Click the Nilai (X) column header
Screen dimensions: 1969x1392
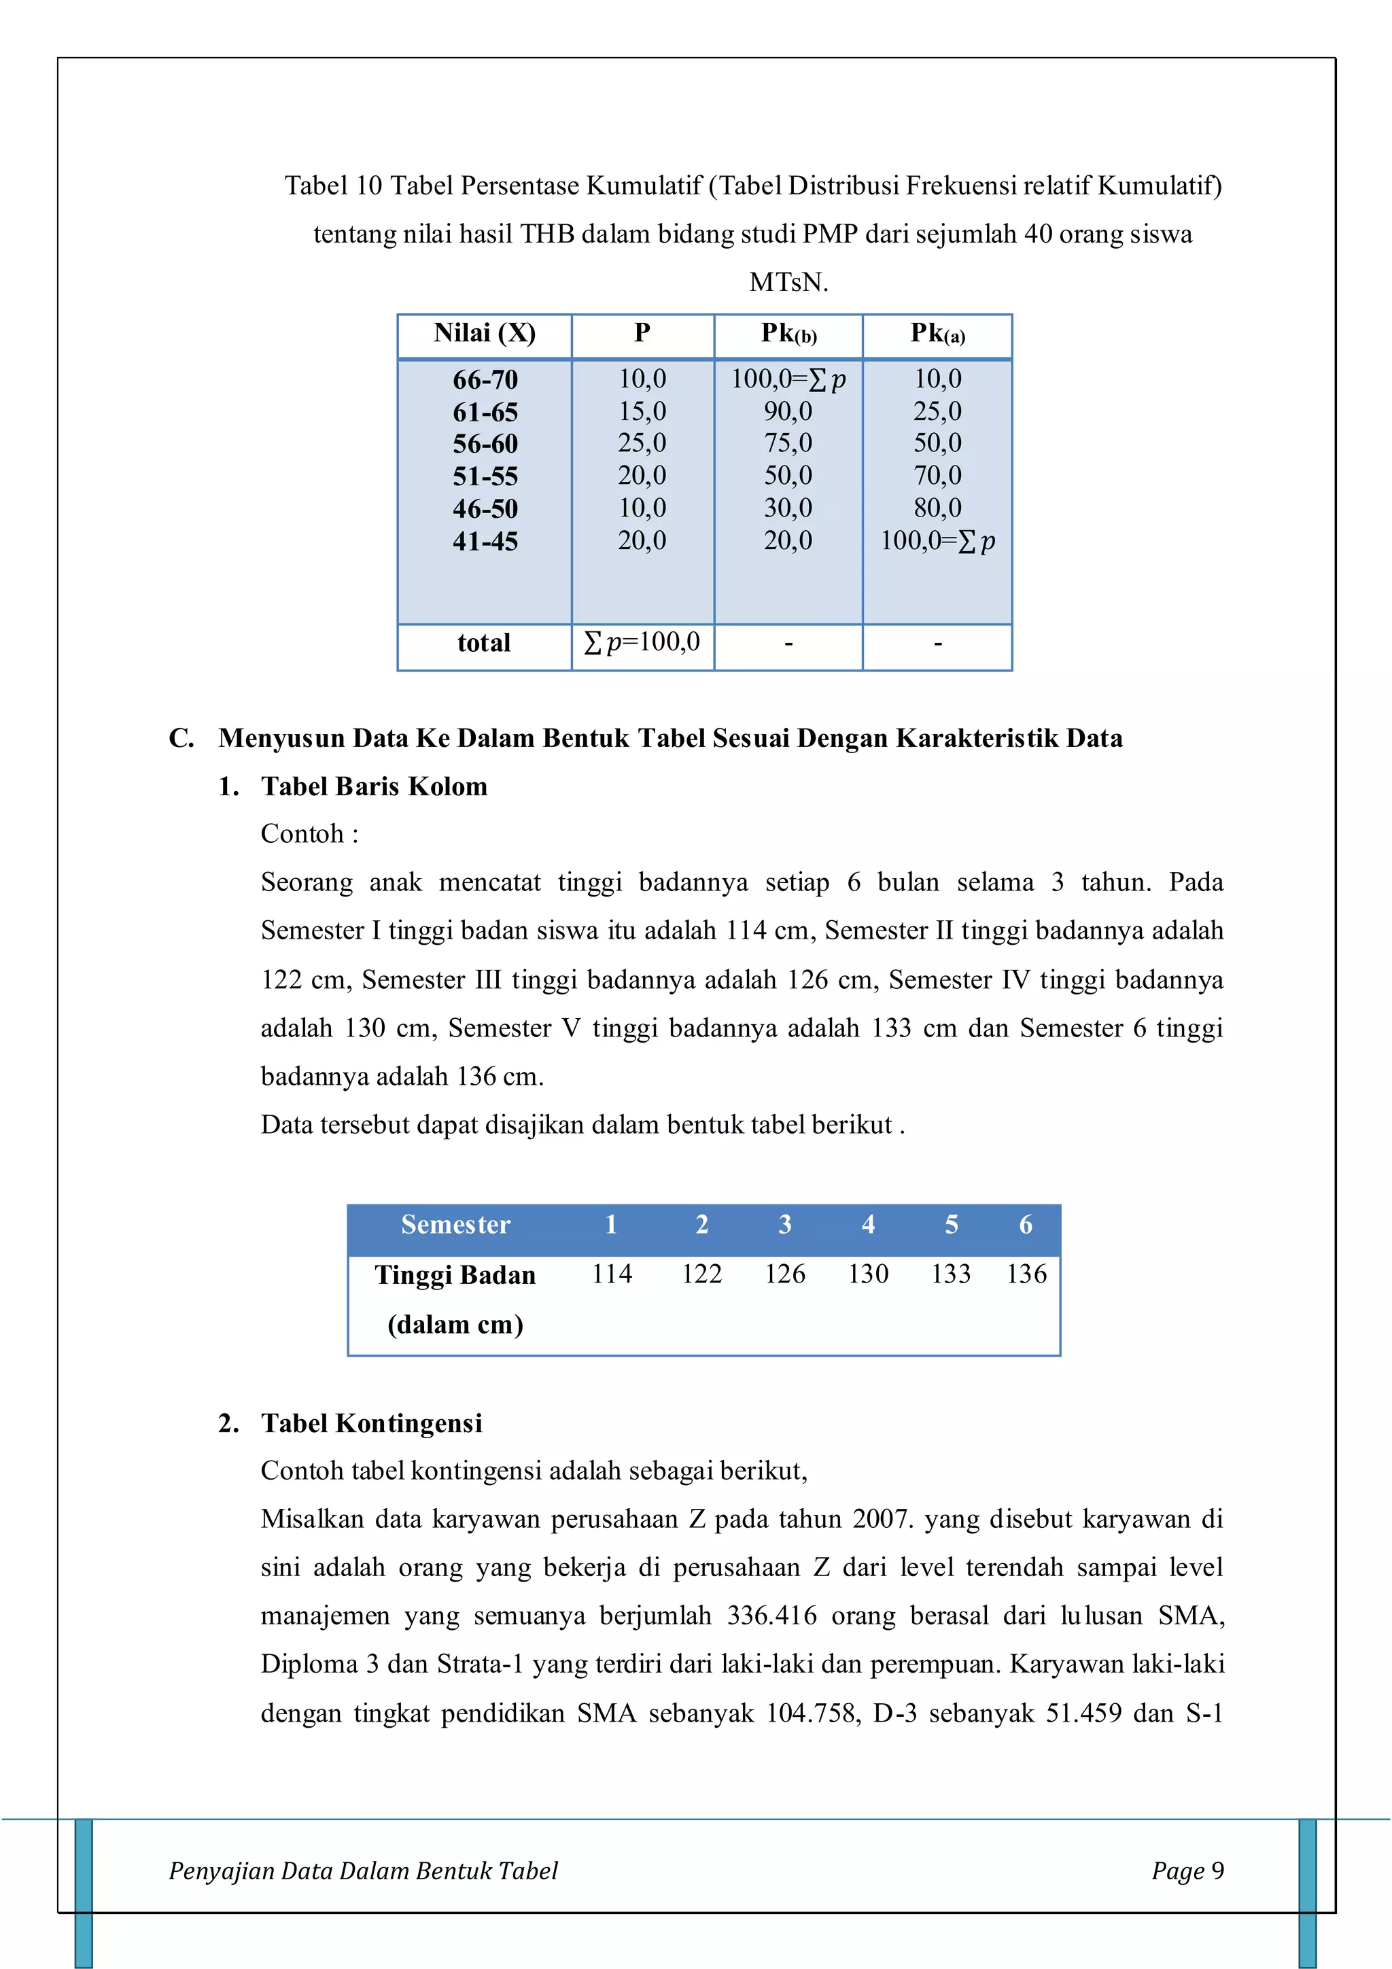(x=485, y=333)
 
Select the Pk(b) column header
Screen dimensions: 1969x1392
(x=788, y=333)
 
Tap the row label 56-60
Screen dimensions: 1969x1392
(x=485, y=445)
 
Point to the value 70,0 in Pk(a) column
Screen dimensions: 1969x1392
(x=937, y=475)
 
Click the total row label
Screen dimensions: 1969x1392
(x=484, y=642)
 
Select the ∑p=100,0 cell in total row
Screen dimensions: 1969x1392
(x=642, y=642)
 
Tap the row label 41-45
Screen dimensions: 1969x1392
(x=485, y=541)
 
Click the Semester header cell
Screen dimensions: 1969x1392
(x=455, y=1225)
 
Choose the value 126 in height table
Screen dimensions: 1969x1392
(x=785, y=1274)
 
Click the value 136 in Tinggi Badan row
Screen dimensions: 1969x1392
(x=1026, y=1274)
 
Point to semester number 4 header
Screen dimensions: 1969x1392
(x=868, y=1225)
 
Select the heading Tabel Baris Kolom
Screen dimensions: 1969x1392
(x=374, y=786)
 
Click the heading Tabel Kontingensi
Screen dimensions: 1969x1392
(x=371, y=1424)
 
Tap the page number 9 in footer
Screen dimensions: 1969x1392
(x=1217, y=1870)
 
